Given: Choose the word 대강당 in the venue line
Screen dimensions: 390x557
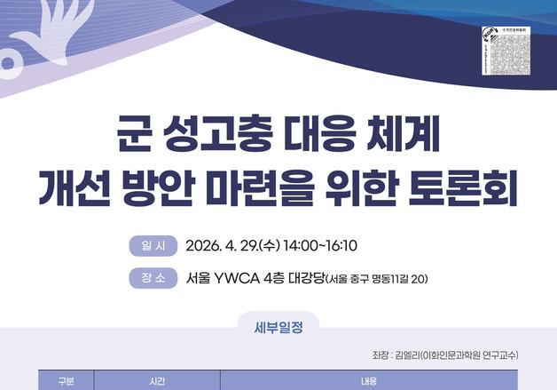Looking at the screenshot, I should [x=301, y=279].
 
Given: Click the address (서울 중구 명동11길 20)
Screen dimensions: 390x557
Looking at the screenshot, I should [x=378, y=280].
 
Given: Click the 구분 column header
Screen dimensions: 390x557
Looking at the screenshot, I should [x=67, y=381].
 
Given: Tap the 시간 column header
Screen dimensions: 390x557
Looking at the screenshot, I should [x=156, y=381].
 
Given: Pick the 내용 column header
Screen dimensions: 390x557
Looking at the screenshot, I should [x=369, y=381].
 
